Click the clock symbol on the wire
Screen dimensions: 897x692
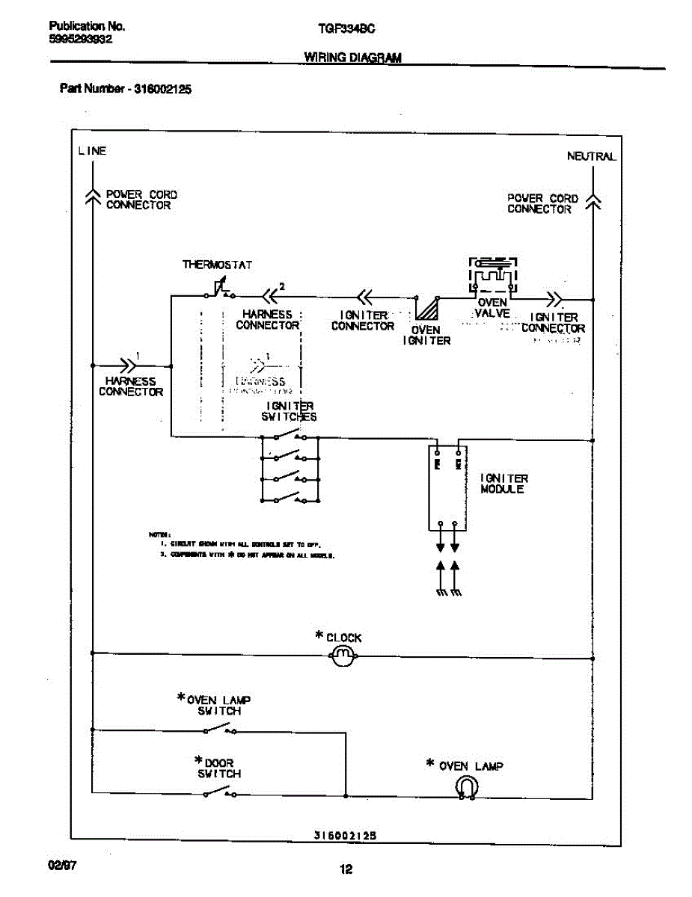tap(342, 657)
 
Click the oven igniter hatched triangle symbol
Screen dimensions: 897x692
tap(427, 308)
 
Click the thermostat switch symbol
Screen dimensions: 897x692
tap(218, 289)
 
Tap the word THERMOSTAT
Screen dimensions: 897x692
tap(217, 265)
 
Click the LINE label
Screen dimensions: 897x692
tap(92, 151)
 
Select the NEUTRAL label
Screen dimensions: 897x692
tap(591, 156)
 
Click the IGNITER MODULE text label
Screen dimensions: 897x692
tap(504, 484)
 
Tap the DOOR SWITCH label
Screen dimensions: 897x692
tap(218, 768)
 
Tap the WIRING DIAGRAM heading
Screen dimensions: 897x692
tap(352, 58)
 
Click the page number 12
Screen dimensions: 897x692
tap(346, 869)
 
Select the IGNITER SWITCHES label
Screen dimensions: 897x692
tap(289, 412)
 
